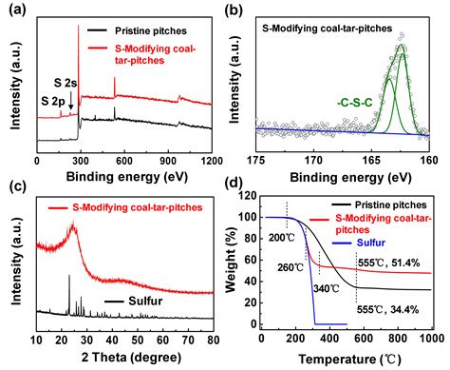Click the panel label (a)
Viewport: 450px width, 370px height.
pyautogui.click(x=11, y=9)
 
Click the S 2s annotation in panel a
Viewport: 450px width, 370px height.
pyautogui.click(x=63, y=82)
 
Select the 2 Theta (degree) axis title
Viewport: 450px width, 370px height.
pyautogui.click(x=124, y=357)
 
